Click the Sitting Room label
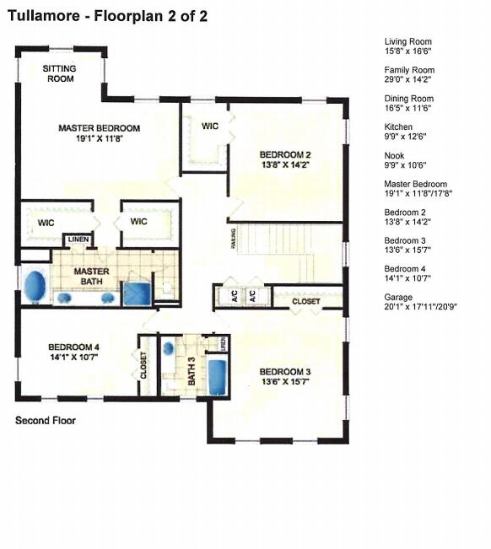point(60,73)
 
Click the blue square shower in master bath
point(136,293)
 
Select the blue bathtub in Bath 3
point(218,375)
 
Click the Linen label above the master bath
point(78,240)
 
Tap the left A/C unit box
point(229,296)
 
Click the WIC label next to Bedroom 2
point(211,126)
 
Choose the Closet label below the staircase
point(305,301)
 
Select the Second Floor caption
point(46,419)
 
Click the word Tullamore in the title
point(48,15)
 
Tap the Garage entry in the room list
point(398,298)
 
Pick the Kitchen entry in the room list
point(398,127)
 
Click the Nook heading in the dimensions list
point(394,155)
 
